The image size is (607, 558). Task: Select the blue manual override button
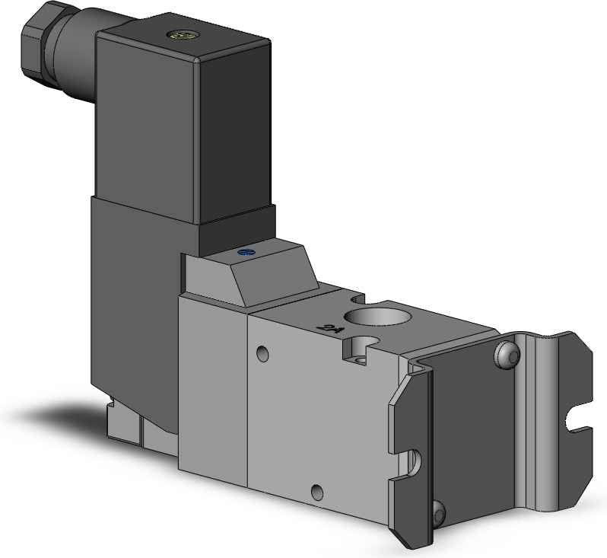(243, 253)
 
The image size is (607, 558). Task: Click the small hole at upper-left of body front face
(263, 353)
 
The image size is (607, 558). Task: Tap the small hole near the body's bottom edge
(316, 491)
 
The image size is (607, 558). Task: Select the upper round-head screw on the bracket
(508, 353)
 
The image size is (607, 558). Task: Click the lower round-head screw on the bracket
(439, 515)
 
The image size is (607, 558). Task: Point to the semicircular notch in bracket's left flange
(414, 460)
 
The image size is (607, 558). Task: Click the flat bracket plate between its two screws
(472, 426)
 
